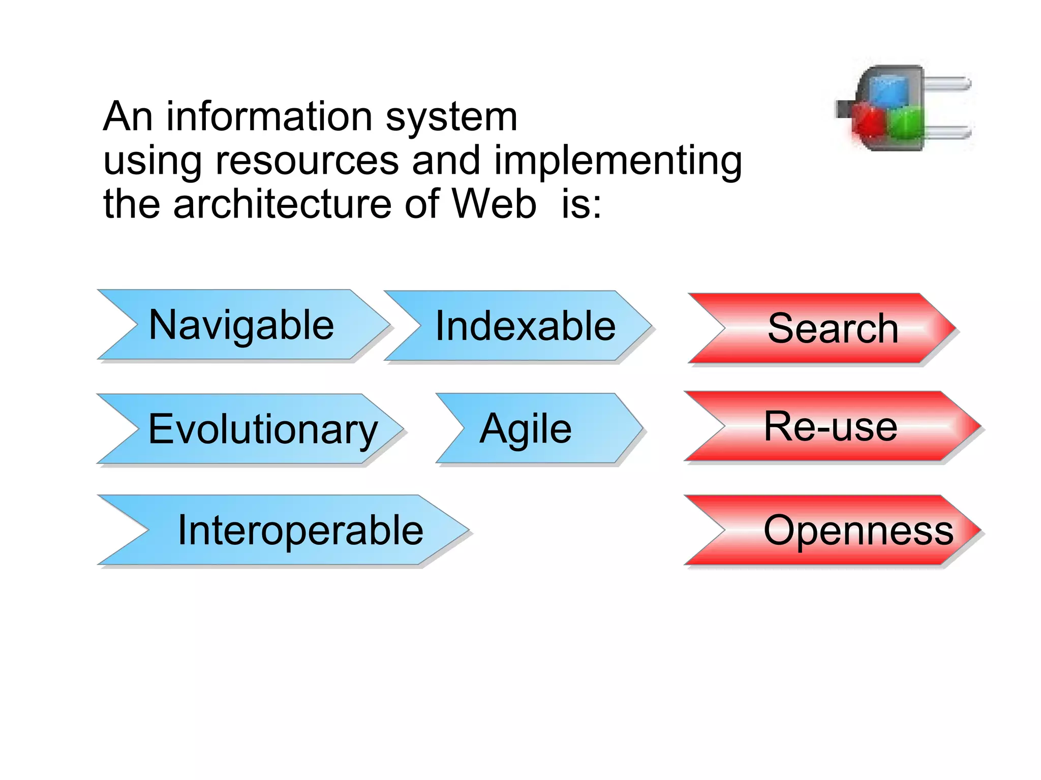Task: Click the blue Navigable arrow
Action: tap(241, 325)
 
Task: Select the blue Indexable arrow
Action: tap(524, 326)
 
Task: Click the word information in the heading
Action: tap(269, 116)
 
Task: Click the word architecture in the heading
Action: tap(282, 204)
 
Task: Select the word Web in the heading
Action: tap(494, 204)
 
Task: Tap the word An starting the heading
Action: tap(128, 116)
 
